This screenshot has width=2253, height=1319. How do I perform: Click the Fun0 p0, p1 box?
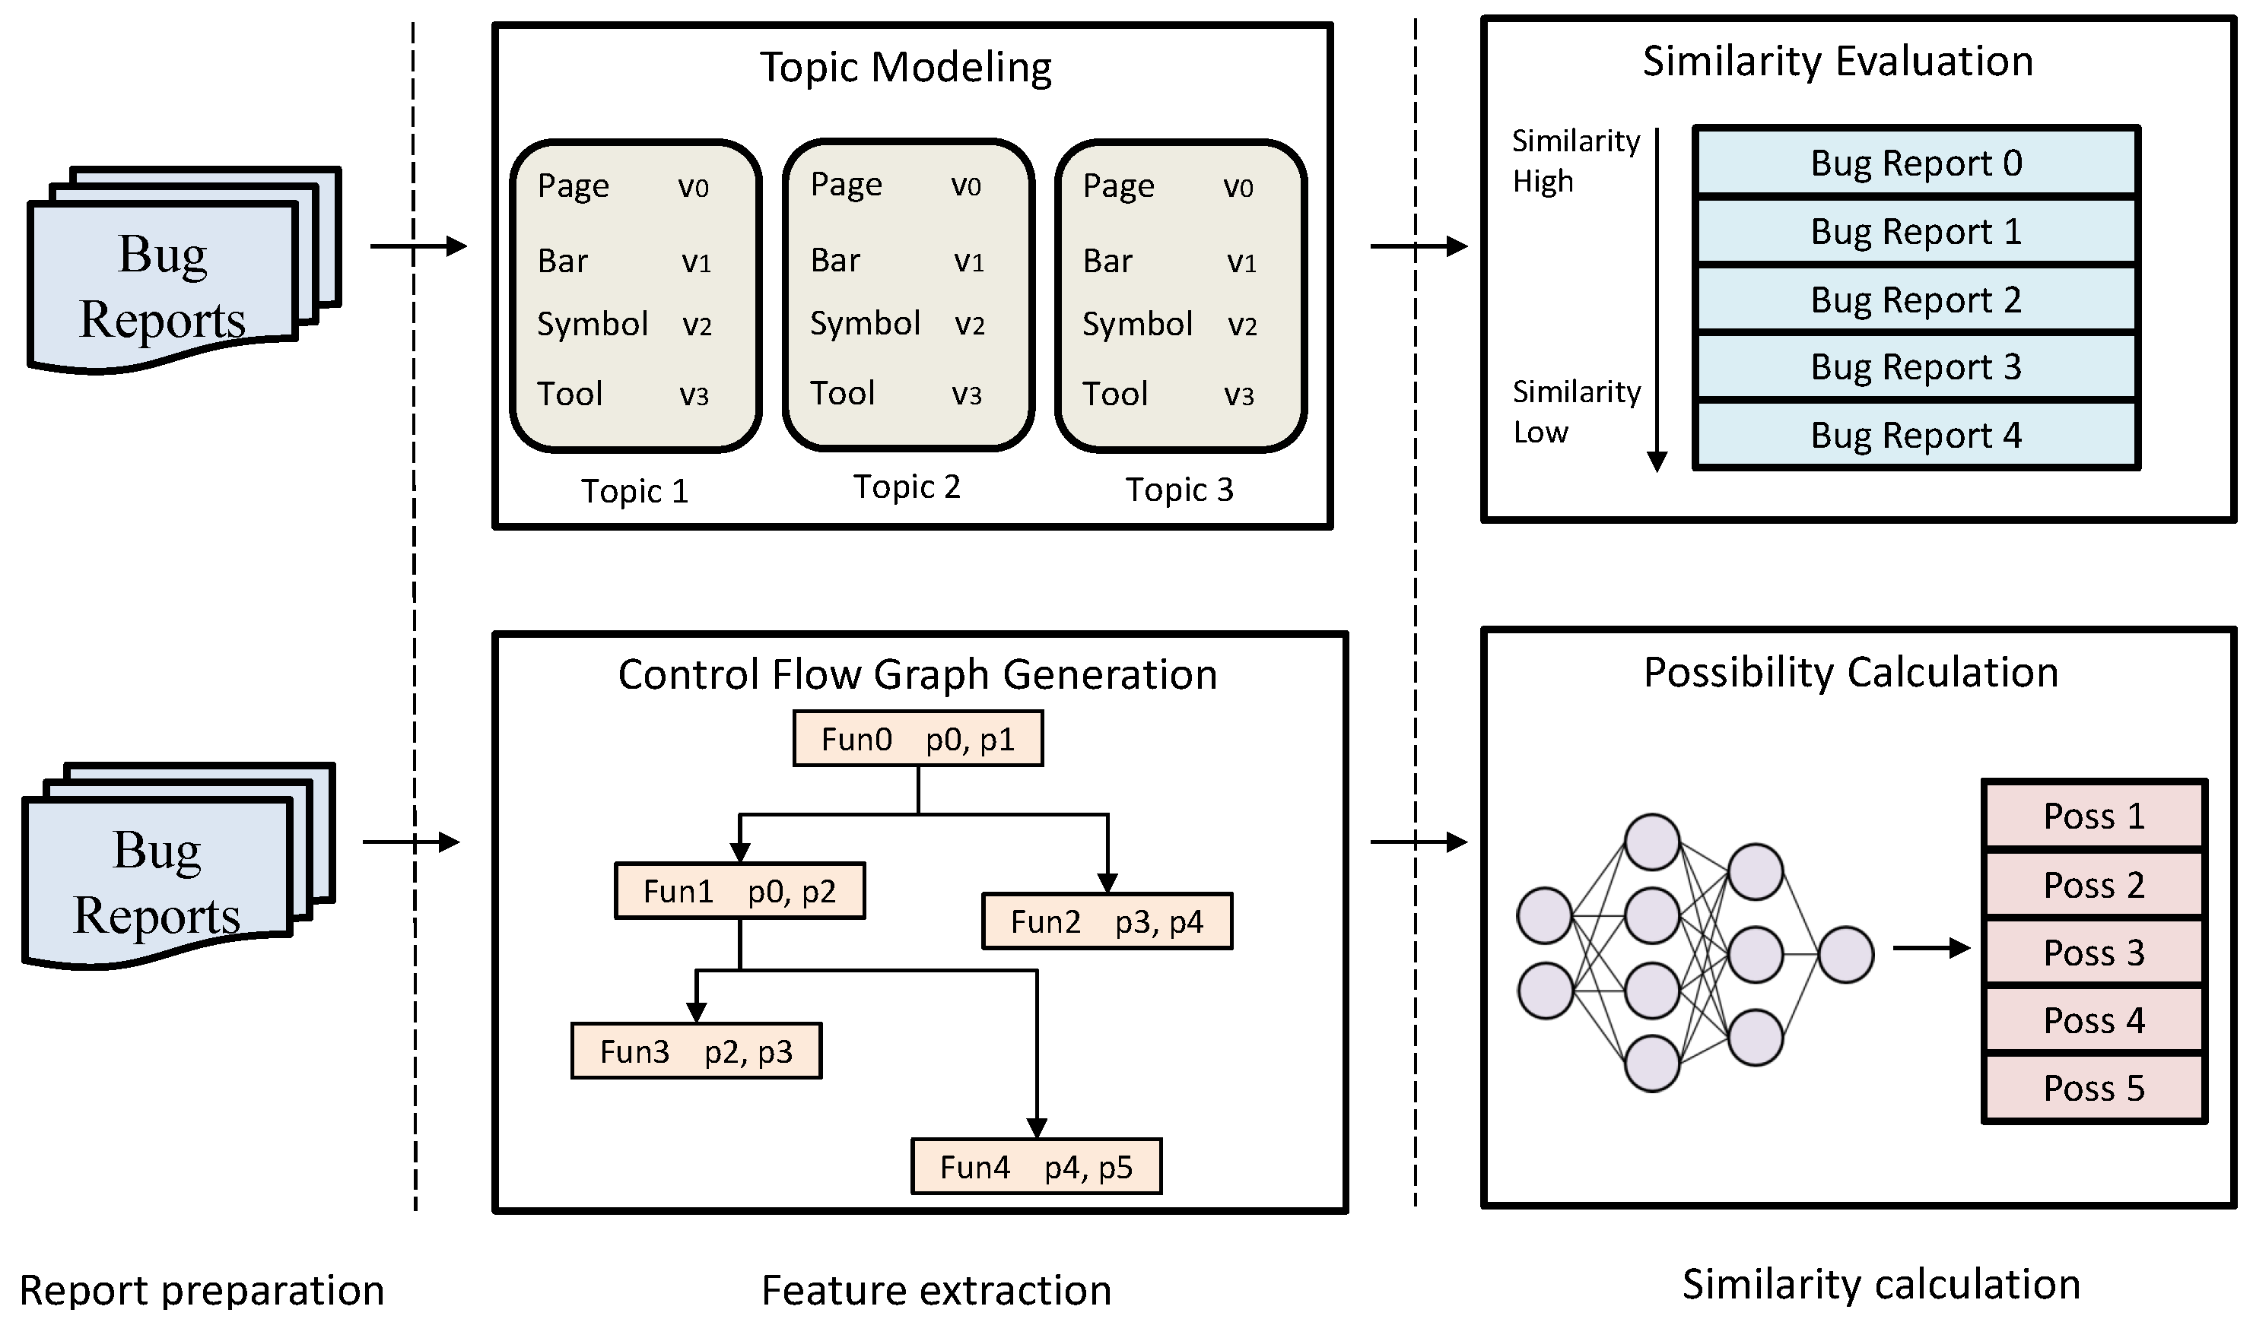coord(917,739)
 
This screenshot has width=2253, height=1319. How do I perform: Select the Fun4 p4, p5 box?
coord(1036,1167)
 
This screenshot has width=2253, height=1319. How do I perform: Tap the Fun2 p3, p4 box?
coord(1107,921)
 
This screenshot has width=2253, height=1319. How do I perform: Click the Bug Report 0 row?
coord(1916,163)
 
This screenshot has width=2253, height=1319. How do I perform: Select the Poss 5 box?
coord(2094,1089)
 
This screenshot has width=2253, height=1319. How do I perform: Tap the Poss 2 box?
coord(2094,885)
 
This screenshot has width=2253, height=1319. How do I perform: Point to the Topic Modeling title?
coord(905,67)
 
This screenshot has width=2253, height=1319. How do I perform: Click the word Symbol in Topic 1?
coord(592,324)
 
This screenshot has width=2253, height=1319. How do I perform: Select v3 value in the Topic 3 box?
coord(1238,395)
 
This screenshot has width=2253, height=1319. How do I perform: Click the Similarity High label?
coord(1575,161)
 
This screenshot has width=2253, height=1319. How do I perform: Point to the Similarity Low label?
coord(1575,411)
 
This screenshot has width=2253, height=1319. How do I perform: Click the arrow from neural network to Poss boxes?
coord(1931,948)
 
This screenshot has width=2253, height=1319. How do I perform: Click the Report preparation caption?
coord(202,1290)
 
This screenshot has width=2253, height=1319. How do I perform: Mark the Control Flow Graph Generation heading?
coord(917,674)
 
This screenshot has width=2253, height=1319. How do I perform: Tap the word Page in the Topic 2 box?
coord(846,184)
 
